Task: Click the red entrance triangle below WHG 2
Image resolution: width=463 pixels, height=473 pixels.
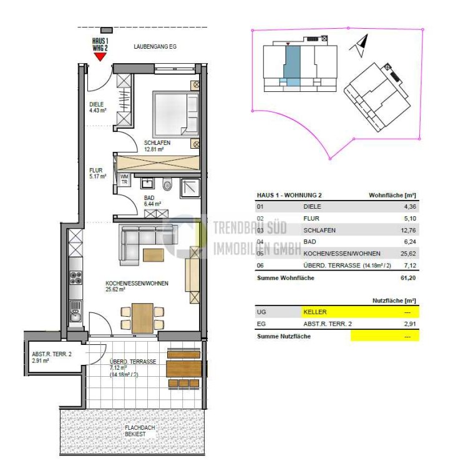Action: pyautogui.click(x=100, y=57)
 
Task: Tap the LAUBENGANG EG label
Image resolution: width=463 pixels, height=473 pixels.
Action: pyautogui.click(x=155, y=47)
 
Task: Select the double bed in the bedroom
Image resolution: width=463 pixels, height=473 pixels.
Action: pyautogui.click(x=176, y=114)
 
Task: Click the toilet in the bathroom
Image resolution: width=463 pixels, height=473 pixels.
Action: pyautogui.click(x=167, y=184)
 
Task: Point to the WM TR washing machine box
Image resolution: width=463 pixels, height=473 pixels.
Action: pyautogui.click(x=124, y=179)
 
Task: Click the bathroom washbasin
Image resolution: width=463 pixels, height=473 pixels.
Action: pyautogui.click(x=148, y=183)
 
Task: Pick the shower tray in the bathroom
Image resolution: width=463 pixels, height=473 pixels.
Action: pyautogui.click(x=190, y=188)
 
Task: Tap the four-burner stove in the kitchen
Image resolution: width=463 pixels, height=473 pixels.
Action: pyautogui.click(x=76, y=277)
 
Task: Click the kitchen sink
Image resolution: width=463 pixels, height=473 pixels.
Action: pyautogui.click(x=76, y=312)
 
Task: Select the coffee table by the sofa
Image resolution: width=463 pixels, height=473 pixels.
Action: pyautogui.click(x=154, y=255)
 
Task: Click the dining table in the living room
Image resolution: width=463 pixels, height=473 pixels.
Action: pyautogui.click(x=142, y=318)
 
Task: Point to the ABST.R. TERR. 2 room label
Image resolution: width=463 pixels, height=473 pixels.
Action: pyautogui.click(x=52, y=357)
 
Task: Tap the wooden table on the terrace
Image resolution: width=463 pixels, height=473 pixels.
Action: pyautogui.click(x=183, y=368)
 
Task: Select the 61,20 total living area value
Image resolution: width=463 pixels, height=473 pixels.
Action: pyautogui.click(x=408, y=278)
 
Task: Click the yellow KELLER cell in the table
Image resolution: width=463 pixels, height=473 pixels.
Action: pyautogui.click(x=360, y=312)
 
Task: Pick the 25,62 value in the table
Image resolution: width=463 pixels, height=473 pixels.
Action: pyautogui.click(x=408, y=254)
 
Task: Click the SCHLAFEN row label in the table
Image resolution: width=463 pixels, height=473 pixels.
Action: pyautogui.click(x=319, y=231)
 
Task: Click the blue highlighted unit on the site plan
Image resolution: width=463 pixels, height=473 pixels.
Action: pyautogui.click(x=292, y=66)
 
